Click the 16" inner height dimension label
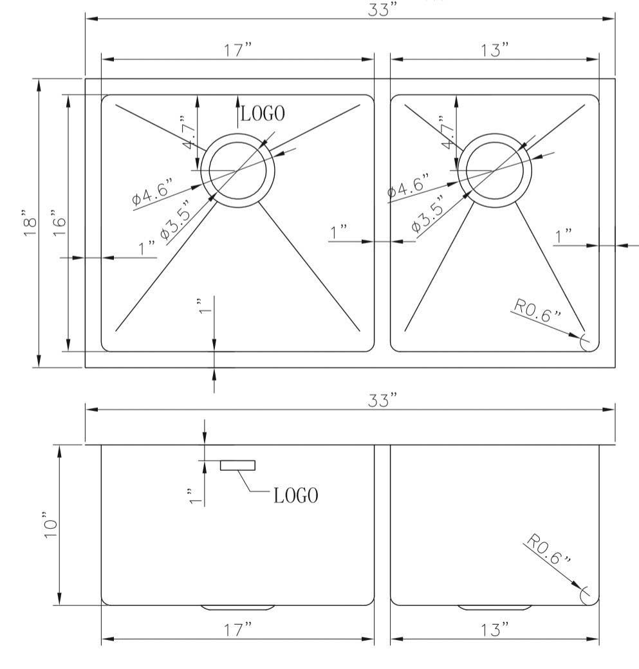pyautogui.click(x=59, y=223)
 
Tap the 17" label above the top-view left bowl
pyautogui.click(x=237, y=50)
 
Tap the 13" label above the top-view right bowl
pyautogui.click(x=495, y=50)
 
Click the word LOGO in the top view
pyautogui.click(x=263, y=114)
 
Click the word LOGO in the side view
pyautogui.click(x=295, y=495)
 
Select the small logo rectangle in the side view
pyautogui.click(x=237, y=465)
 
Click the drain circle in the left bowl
pyautogui.click(x=237, y=170)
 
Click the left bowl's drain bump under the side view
pyautogui.click(x=237, y=607)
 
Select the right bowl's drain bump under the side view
pyautogui.click(x=495, y=607)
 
